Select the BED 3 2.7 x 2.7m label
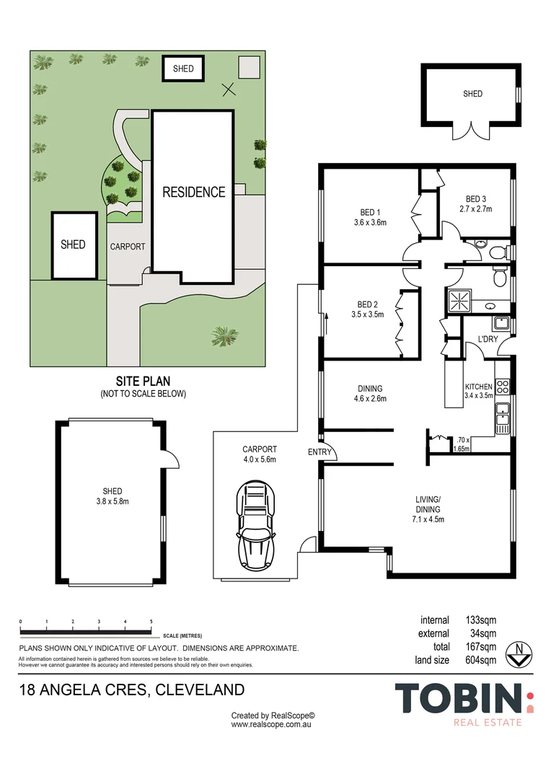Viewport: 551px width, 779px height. click(x=475, y=204)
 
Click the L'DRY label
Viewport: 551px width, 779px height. click(x=488, y=339)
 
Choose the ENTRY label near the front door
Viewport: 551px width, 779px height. click(x=319, y=452)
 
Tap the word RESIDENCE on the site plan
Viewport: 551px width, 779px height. click(x=193, y=192)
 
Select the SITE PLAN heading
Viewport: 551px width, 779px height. click(x=143, y=381)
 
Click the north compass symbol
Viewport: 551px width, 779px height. click(x=519, y=653)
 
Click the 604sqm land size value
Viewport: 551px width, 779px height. click(x=479, y=659)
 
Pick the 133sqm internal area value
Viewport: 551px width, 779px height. click(x=479, y=620)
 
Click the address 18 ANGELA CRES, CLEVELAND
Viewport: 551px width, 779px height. click(x=131, y=690)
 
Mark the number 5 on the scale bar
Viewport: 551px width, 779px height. click(x=151, y=621)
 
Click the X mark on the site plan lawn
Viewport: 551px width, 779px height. click(x=228, y=89)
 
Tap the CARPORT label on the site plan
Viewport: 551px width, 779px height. click(x=127, y=247)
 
